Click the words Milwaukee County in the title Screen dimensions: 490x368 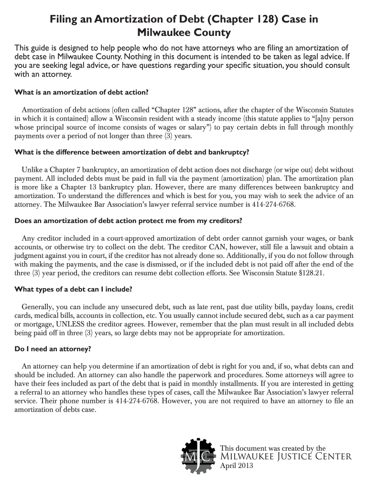click(x=184, y=33)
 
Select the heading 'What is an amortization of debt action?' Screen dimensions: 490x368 click(x=82, y=92)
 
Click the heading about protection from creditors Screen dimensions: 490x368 click(x=129, y=221)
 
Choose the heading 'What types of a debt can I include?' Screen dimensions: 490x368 click(x=74, y=289)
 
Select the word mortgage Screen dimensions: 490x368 click(x=38, y=324)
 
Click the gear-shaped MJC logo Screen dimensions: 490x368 click(x=197, y=457)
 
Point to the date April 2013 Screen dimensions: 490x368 click(x=237, y=466)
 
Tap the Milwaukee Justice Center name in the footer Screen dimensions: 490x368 click(x=286, y=457)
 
